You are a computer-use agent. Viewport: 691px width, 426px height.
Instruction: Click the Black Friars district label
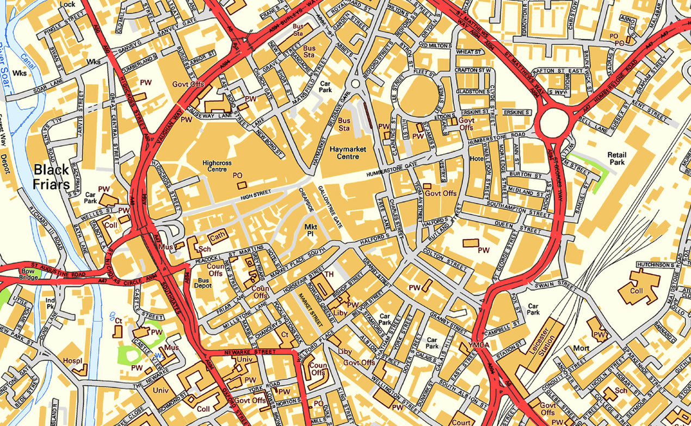tap(52, 177)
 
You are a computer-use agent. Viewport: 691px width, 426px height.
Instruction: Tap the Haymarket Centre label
tap(348, 153)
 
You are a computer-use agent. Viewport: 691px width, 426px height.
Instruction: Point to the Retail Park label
tap(616, 159)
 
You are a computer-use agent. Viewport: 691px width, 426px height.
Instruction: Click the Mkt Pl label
tap(310, 229)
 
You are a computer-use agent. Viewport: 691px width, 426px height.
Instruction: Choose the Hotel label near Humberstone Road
tap(477, 159)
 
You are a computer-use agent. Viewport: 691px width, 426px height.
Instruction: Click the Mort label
tap(581, 348)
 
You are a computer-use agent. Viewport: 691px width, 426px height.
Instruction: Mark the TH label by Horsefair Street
tap(329, 275)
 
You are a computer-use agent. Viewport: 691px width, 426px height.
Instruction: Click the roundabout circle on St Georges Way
tap(553, 123)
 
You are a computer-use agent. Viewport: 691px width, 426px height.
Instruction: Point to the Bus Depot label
tap(202, 282)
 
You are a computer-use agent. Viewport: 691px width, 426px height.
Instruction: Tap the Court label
tap(461, 422)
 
